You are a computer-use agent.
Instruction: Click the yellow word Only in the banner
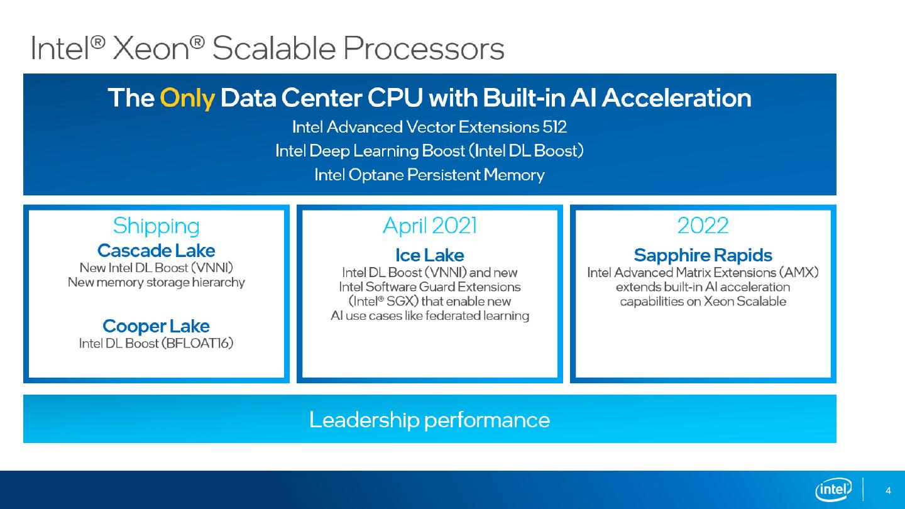pos(187,99)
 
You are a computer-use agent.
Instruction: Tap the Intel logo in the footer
pos(833,489)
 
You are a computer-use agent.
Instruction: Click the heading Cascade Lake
pos(156,251)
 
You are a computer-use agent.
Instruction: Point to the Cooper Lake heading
pos(156,326)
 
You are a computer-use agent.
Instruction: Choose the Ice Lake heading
pos(429,255)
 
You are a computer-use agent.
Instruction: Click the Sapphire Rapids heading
pos(703,255)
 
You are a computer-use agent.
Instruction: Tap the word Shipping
pos(156,226)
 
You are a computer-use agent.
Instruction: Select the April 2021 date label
pos(429,226)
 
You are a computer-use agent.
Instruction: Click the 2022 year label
pos(703,226)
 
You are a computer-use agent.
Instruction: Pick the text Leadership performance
pos(429,420)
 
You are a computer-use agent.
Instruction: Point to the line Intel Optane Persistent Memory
pos(429,175)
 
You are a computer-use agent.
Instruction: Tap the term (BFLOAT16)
pos(197,344)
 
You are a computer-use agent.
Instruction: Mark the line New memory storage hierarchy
pos(156,282)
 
